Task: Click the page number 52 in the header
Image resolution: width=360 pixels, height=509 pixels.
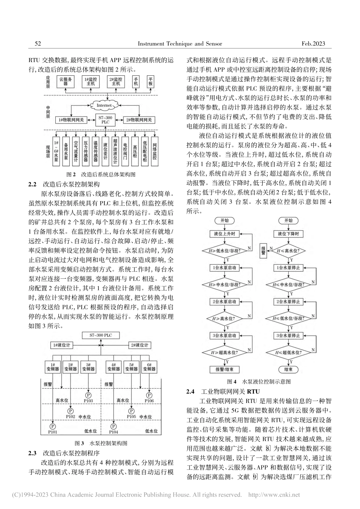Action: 38,44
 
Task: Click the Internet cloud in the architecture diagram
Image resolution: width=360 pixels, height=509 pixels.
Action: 104,105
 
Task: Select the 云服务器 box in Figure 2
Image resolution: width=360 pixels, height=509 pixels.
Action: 66,81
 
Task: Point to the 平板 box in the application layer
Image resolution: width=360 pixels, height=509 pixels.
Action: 151,81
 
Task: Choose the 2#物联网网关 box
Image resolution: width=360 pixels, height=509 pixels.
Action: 139,120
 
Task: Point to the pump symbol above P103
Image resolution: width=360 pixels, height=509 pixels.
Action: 89,395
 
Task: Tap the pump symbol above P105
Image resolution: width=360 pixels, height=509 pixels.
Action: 131,411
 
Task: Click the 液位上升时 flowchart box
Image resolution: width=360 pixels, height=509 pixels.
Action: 225,234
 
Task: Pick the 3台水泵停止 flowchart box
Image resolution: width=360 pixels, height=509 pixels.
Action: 288,335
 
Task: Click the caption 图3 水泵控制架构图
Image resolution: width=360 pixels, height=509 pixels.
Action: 101,443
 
